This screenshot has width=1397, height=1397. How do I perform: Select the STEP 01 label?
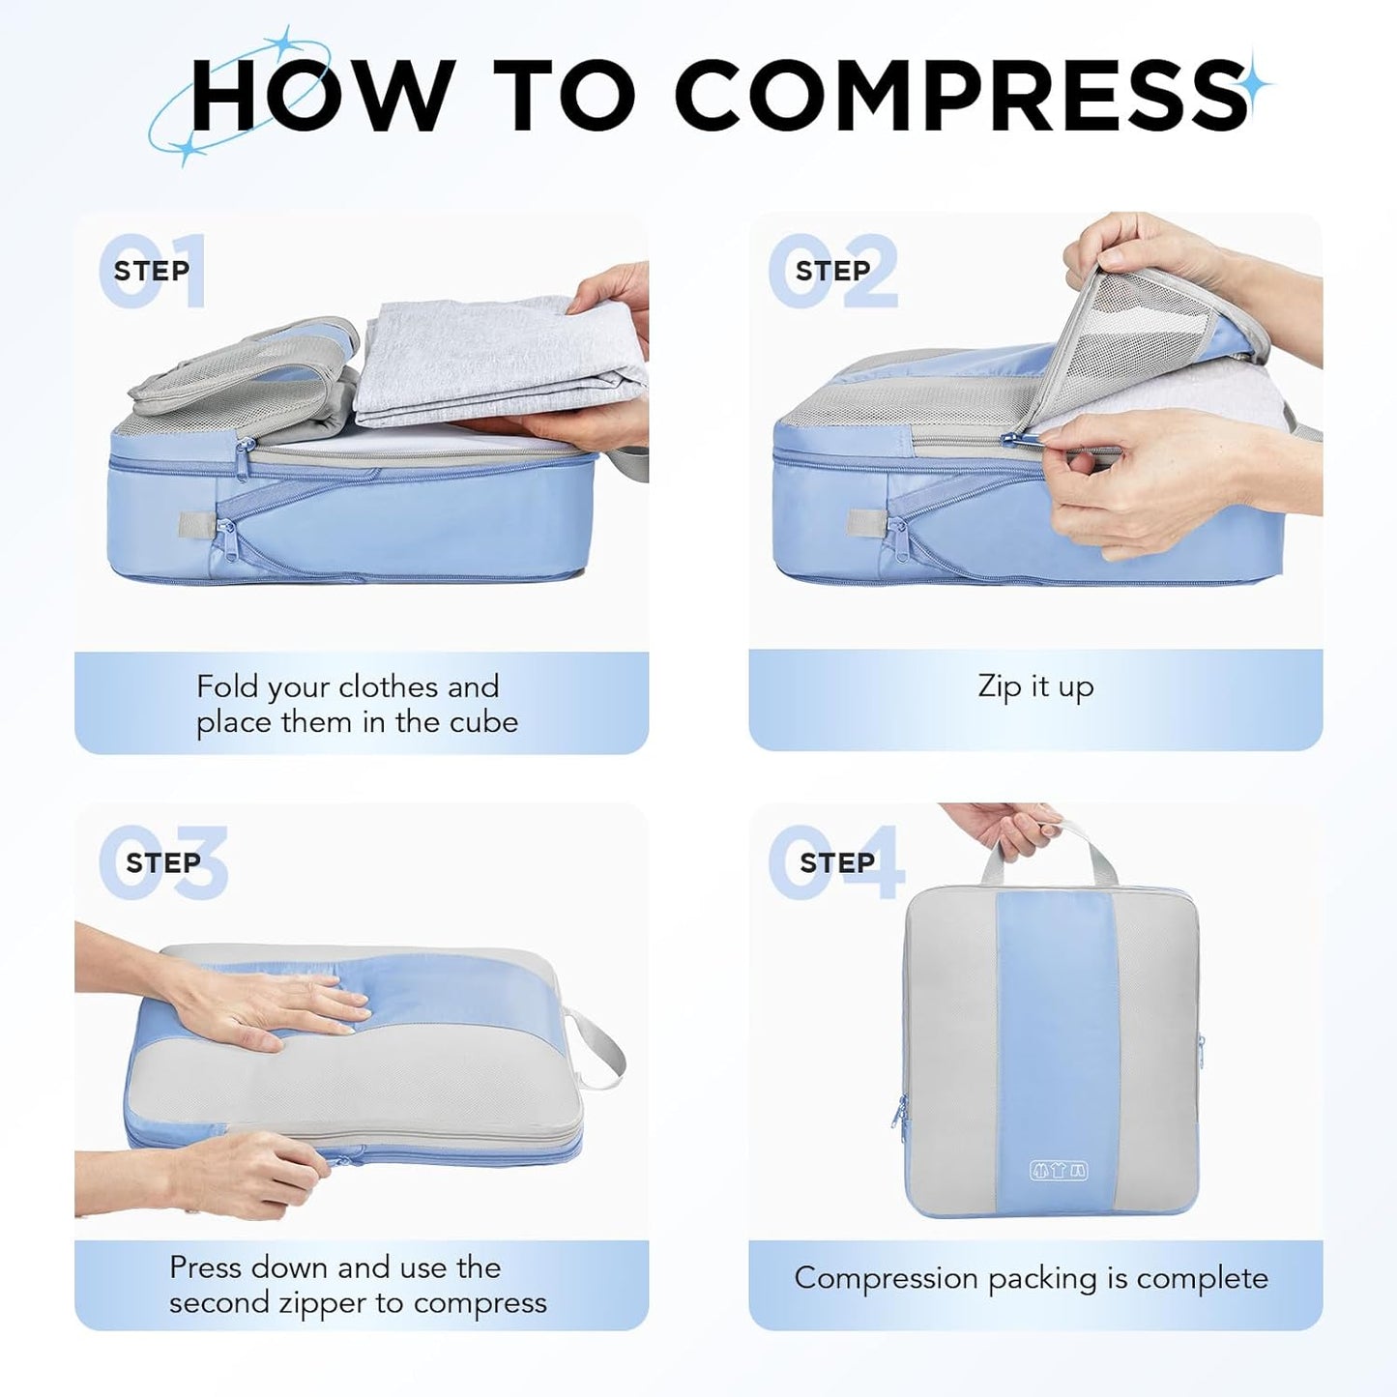click(x=152, y=271)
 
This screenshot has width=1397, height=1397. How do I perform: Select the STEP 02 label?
click(x=832, y=271)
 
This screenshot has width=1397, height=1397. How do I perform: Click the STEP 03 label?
click(x=162, y=862)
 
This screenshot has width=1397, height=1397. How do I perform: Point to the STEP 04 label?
click(x=836, y=862)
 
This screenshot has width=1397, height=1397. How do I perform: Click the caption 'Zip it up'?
click(x=1035, y=686)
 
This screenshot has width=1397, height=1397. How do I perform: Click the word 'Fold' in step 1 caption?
click(x=227, y=686)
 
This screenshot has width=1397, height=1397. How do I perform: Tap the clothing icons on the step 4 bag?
click(x=1059, y=1171)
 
